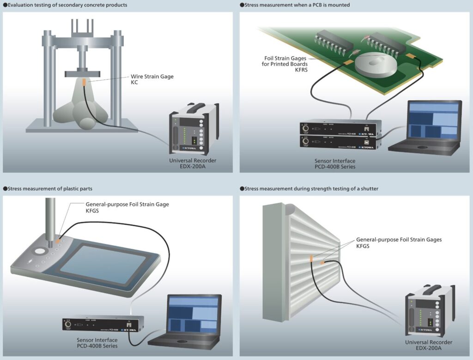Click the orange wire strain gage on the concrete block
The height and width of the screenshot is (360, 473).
(x=83, y=83)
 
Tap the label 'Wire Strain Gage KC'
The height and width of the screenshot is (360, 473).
(x=152, y=79)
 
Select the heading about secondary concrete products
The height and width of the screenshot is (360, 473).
(x=67, y=5)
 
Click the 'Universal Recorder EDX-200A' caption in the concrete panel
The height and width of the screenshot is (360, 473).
(x=193, y=163)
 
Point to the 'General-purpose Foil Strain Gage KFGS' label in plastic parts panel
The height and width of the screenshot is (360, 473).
(x=127, y=207)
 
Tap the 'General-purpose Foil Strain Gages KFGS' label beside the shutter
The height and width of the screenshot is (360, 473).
(x=399, y=243)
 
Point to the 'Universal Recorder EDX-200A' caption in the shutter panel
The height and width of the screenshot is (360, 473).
(x=428, y=345)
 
